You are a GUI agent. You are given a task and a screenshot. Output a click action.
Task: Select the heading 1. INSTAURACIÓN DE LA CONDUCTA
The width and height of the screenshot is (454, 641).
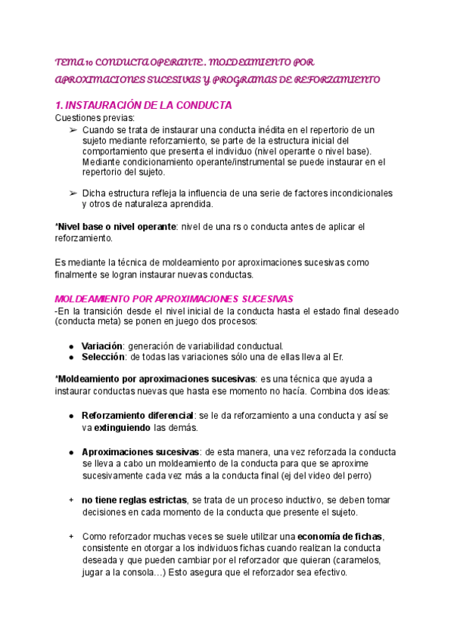143,105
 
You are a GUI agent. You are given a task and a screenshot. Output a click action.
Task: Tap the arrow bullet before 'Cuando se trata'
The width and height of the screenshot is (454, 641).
73,130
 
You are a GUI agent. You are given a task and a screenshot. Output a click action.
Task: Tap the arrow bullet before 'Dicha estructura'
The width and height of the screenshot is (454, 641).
73,193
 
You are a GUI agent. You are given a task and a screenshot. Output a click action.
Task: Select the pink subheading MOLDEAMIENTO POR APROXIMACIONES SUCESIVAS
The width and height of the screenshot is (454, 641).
174,299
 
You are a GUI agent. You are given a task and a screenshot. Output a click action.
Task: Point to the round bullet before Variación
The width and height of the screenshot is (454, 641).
70,346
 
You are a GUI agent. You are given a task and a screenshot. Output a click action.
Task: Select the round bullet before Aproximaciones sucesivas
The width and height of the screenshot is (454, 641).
70,451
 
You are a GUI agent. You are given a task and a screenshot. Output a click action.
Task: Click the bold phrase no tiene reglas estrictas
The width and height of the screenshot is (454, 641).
134,500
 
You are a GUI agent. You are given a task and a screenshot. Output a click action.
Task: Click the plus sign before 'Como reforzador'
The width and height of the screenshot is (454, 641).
70,536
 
